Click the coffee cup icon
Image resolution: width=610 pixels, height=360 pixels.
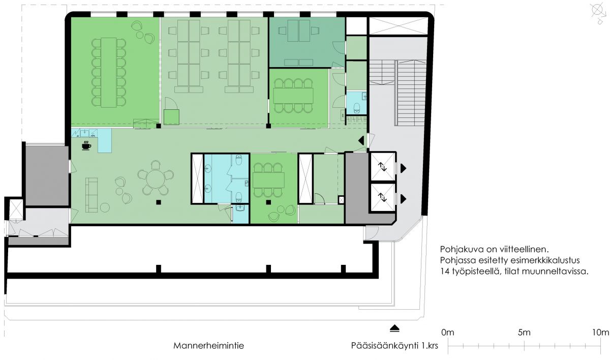(86, 145)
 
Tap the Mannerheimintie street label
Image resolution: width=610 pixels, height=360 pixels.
(208, 346)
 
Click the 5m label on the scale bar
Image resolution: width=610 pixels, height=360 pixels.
(524, 333)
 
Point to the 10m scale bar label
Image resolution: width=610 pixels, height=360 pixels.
(600, 333)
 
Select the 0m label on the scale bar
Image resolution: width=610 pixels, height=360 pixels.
(448, 333)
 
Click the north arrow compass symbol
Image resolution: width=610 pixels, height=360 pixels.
(599, 13)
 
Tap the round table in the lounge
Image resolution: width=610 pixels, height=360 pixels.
(156, 178)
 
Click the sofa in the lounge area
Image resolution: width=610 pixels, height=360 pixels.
(91, 195)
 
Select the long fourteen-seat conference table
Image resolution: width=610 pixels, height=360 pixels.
(109, 72)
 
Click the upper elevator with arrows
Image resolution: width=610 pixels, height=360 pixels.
(383, 166)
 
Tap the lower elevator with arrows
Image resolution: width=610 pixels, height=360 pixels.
(383, 197)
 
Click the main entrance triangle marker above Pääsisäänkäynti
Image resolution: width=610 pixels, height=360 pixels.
(394, 328)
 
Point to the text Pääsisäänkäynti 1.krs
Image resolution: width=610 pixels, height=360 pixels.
(394, 346)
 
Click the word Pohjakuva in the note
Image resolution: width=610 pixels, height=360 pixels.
(460, 249)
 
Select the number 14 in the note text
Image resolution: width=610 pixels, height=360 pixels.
(445, 272)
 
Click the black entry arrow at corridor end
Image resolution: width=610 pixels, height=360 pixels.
(361, 141)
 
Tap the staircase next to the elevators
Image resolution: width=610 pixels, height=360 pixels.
(398, 93)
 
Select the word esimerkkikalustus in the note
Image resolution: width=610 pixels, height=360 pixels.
(545, 260)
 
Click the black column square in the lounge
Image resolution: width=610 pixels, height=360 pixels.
(159, 202)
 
